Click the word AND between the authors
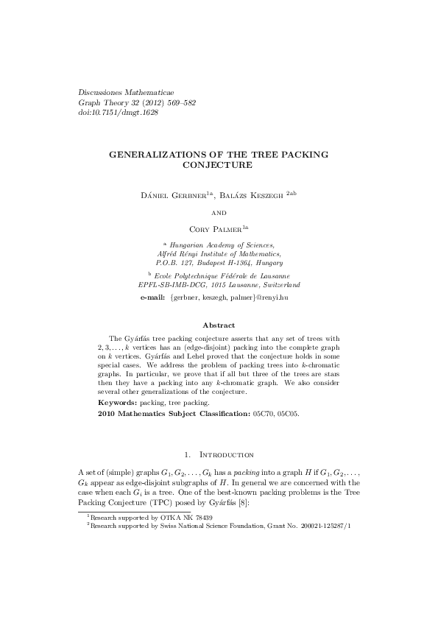(x=219, y=212)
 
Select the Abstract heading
(x=219, y=325)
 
